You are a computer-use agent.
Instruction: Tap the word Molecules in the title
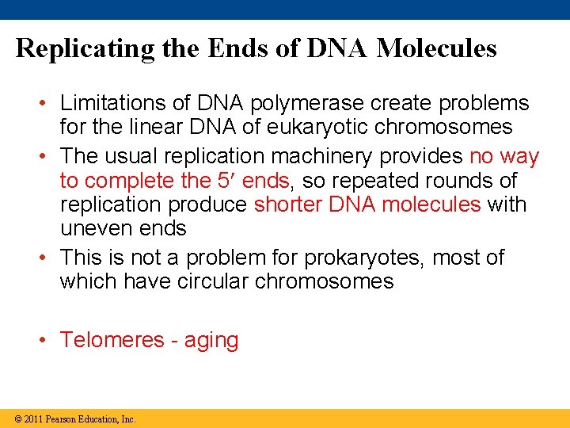[x=437, y=49]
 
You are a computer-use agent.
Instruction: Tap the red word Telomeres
[x=112, y=340]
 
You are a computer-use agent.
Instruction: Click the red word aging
[x=211, y=341]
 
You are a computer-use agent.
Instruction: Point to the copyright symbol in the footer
[x=17, y=418]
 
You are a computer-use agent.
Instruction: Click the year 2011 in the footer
[x=33, y=418]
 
